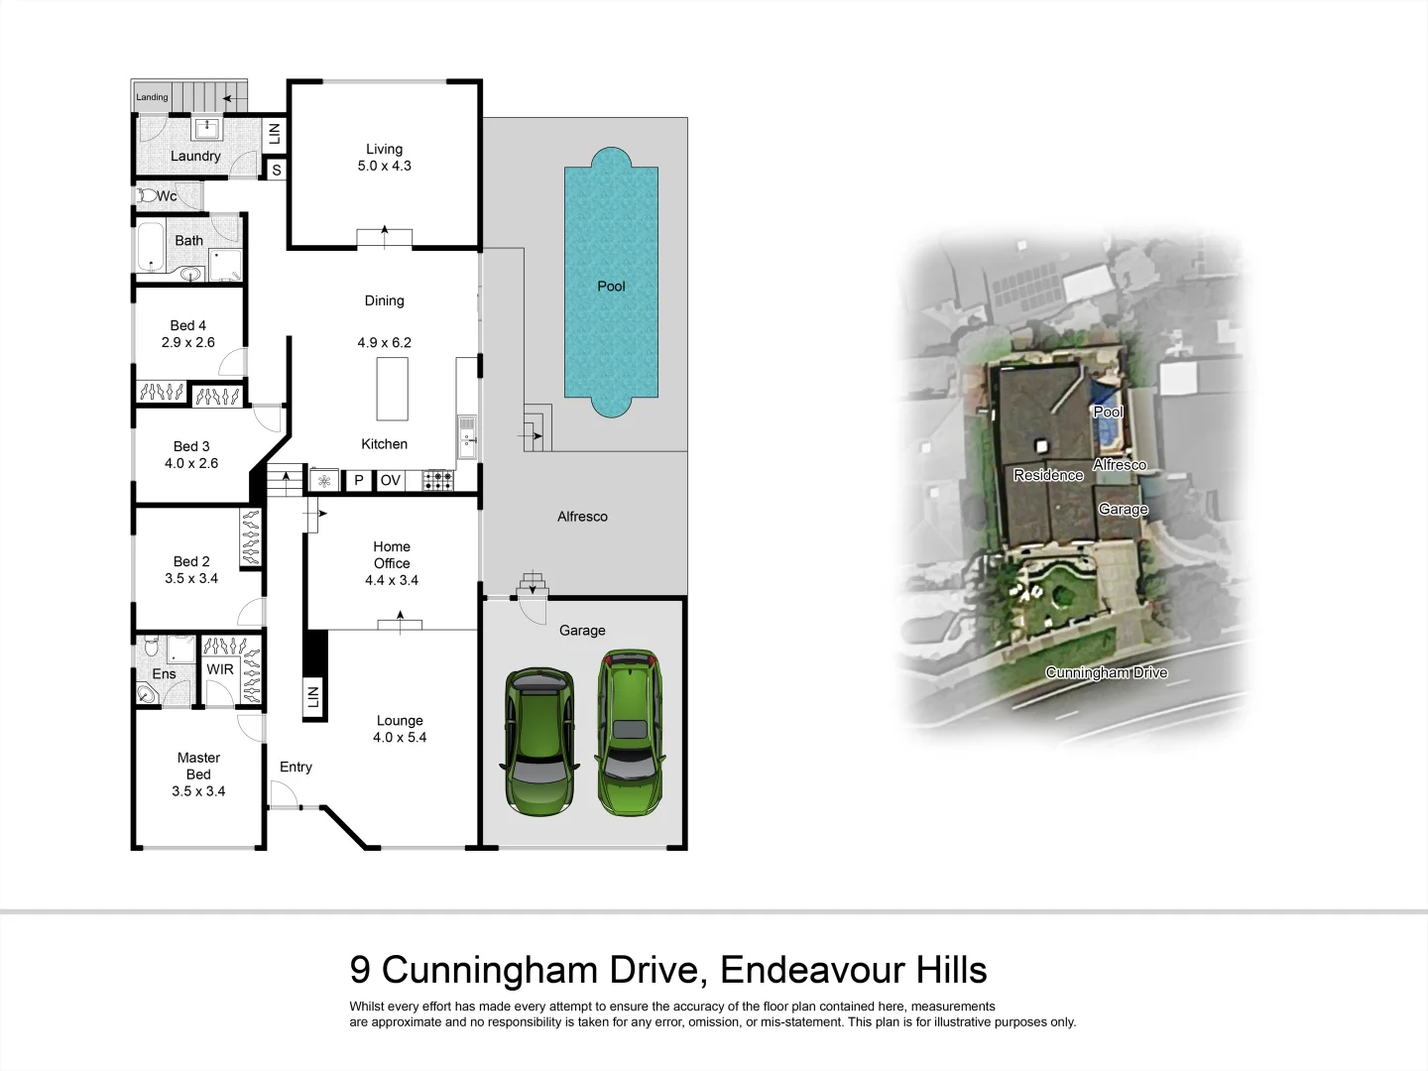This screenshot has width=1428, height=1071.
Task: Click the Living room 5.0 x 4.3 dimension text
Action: [x=384, y=166]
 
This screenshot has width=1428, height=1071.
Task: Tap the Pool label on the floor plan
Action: [x=611, y=286]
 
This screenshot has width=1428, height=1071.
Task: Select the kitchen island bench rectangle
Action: [x=392, y=389]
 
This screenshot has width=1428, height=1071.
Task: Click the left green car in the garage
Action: [x=539, y=742]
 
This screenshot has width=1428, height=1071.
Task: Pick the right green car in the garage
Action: [x=628, y=733]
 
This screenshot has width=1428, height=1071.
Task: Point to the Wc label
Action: [x=167, y=196]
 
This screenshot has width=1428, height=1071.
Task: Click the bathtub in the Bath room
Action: [x=151, y=248]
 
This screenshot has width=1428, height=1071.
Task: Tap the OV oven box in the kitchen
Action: [x=391, y=480]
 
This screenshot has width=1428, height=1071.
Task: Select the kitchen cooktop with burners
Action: [x=437, y=481]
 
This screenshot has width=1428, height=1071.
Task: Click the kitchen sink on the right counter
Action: [x=467, y=437]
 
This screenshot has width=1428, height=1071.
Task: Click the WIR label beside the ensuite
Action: [x=220, y=669]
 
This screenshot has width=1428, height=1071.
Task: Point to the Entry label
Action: [x=296, y=767]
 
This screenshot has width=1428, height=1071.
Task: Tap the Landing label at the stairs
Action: [x=152, y=97]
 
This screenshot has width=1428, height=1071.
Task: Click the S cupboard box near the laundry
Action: [x=277, y=171]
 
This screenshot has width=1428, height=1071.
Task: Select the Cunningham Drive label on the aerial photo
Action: [x=1106, y=672]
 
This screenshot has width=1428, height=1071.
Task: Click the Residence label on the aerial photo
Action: [x=1048, y=475]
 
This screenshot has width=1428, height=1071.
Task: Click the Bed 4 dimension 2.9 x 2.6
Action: [x=188, y=342]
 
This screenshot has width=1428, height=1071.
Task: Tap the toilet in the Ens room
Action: [x=151, y=648]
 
